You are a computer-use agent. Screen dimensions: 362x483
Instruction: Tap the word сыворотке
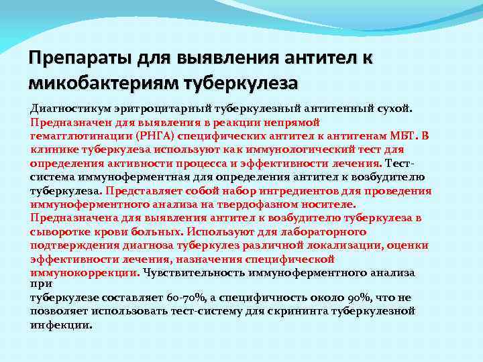coord(57,231)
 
